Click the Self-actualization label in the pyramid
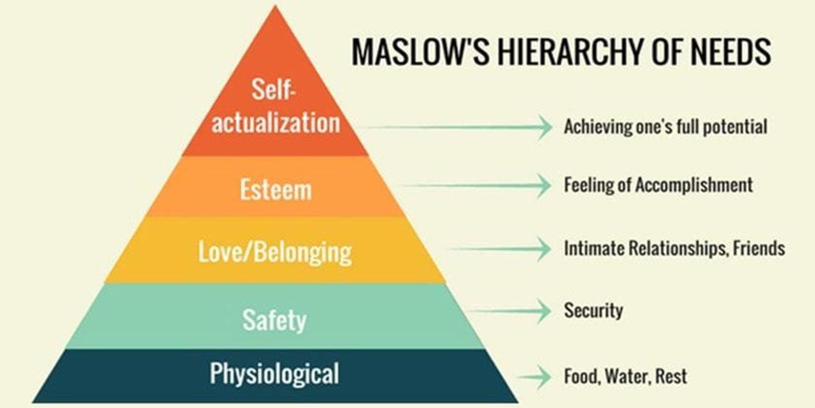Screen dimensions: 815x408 (276, 107)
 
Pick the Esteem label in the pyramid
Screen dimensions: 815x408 (276, 189)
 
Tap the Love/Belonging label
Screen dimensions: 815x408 (275, 252)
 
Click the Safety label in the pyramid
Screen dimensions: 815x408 (274, 319)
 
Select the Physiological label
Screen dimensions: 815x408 (274, 374)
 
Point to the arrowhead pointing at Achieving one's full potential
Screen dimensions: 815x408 (544, 127)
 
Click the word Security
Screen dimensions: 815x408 (593, 311)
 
